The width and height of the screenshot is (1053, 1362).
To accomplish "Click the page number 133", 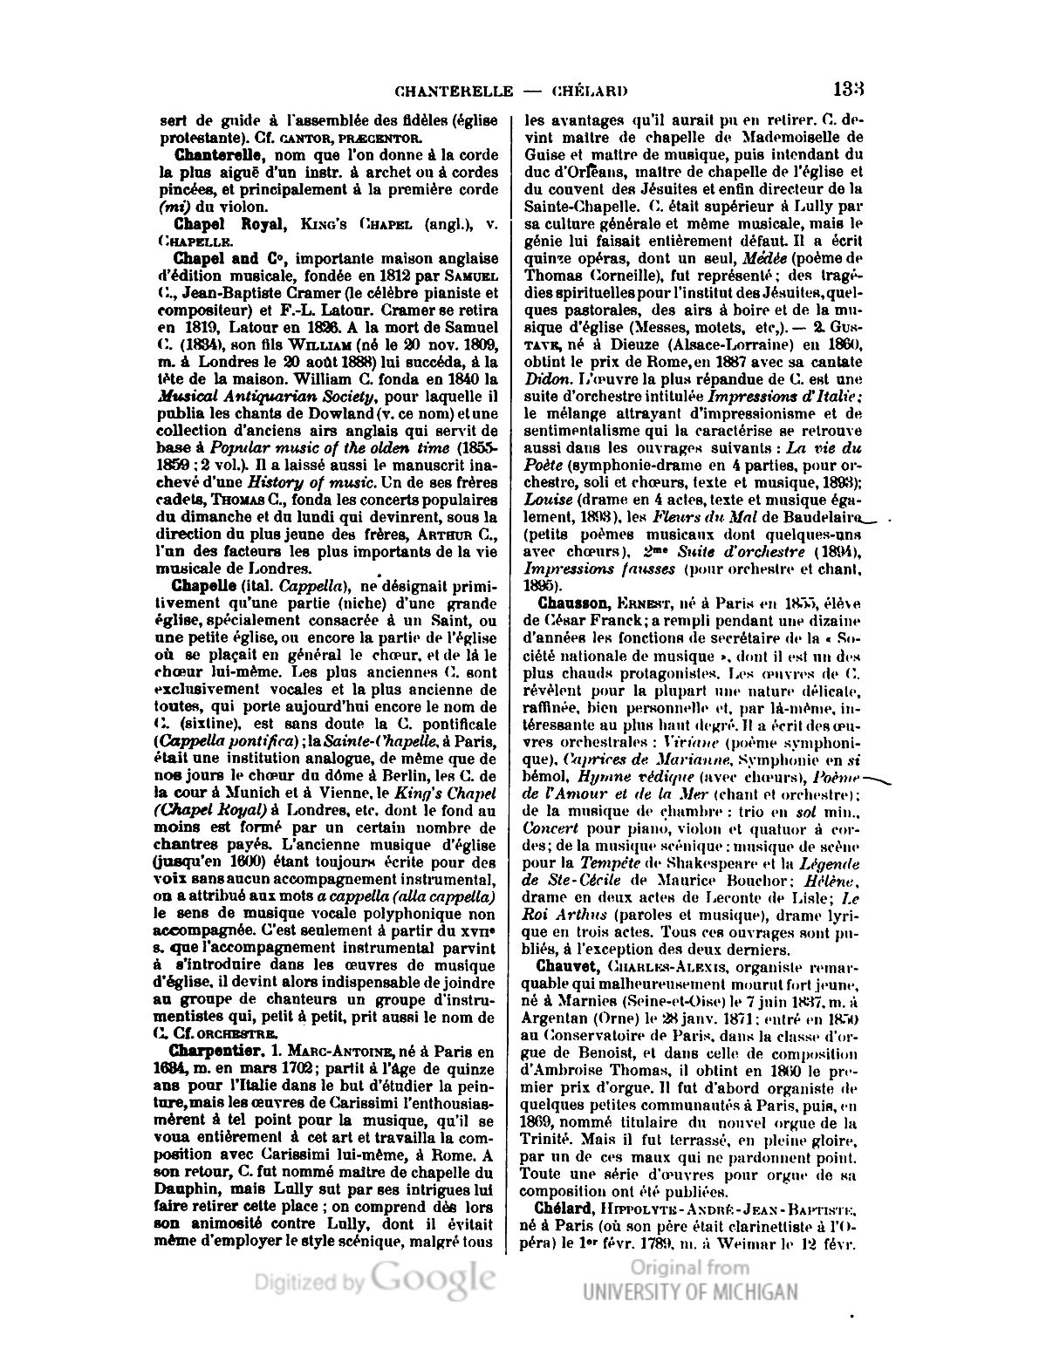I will coord(848,89).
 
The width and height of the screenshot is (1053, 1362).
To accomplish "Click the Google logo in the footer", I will coord(433,1280).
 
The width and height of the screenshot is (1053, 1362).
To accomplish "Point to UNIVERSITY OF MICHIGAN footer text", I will coord(690,1292).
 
